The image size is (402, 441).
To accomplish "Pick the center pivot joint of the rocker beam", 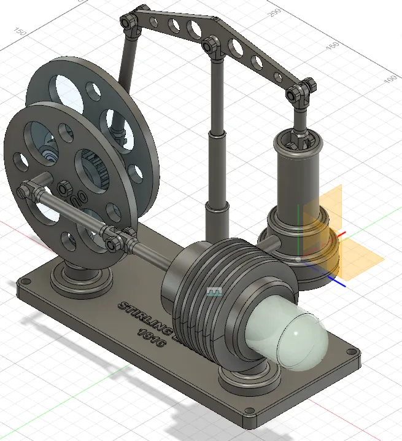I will tap(211, 45).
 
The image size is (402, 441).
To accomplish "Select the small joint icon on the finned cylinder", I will tap(214, 292).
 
